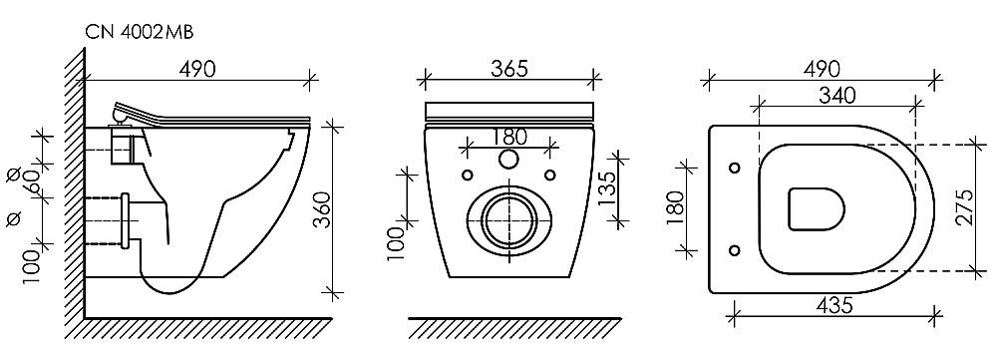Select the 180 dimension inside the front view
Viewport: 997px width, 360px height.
(x=509, y=137)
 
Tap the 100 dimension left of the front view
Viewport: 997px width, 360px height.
(x=394, y=242)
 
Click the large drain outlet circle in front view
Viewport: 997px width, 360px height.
(x=508, y=214)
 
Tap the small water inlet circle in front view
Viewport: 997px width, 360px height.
(x=508, y=161)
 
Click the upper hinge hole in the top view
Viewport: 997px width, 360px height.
(x=735, y=167)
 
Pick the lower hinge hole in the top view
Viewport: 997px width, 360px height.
(x=735, y=249)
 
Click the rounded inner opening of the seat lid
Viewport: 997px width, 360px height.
(x=817, y=208)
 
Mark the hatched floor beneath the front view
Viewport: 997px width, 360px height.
(x=508, y=328)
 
